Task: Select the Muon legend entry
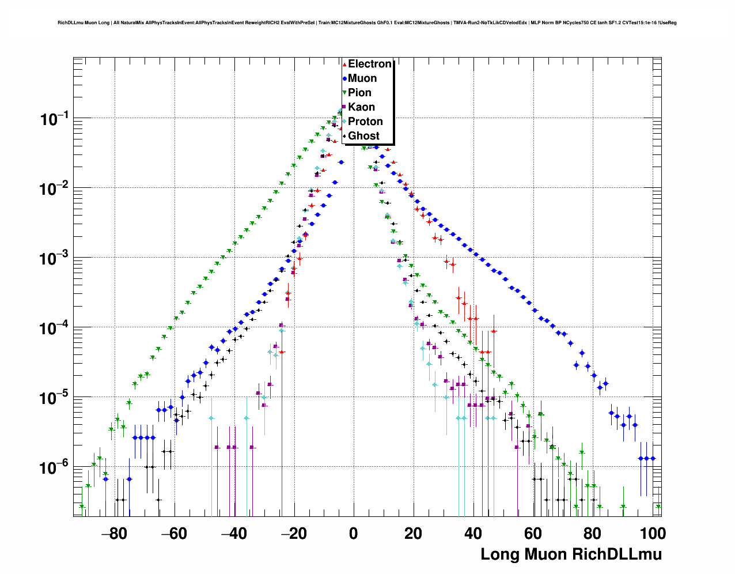click(x=362, y=78)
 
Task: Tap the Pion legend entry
click(x=359, y=93)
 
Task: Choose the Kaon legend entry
click(x=361, y=107)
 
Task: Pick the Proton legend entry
click(x=365, y=122)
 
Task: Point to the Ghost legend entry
click(x=363, y=136)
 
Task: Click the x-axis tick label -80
click(x=113, y=534)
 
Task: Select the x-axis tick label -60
click(x=173, y=534)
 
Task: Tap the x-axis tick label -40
click(x=233, y=534)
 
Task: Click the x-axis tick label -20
click(x=293, y=534)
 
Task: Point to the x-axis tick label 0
click(x=353, y=534)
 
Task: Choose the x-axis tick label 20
click(x=413, y=534)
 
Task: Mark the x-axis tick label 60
click(x=533, y=534)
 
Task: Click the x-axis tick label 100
click(x=653, y=534)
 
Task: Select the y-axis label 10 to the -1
click(x=54, y=119)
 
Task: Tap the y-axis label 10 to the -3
click(x=54, y=259)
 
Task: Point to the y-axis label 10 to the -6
click(x=54, y=467)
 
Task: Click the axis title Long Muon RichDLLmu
click(x=571, y=554)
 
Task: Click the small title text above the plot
click(x=367, y=23)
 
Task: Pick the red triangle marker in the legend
click(x=344, y=64)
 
